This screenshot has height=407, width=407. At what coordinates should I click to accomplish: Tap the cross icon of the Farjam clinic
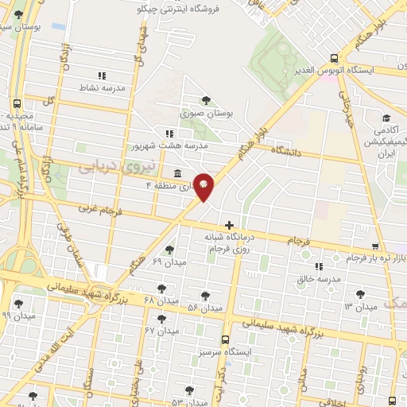click(x=230, y=226)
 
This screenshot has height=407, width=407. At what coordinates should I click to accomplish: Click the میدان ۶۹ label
click(x=168, y=262)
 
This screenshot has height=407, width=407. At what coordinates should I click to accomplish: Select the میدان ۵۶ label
click(x=204, y=308)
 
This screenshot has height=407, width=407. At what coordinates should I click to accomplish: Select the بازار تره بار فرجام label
click(x=376, y=258)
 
